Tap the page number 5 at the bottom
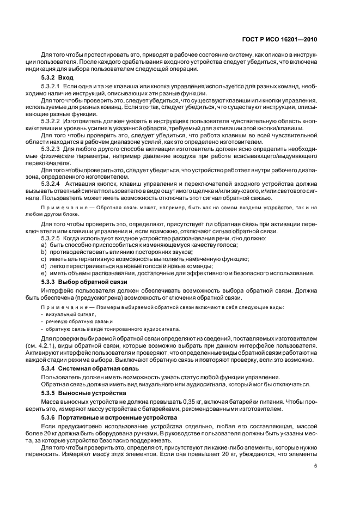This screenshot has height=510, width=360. [x=315, y=466]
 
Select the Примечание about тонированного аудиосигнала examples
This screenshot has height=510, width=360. [x=163, y=307]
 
